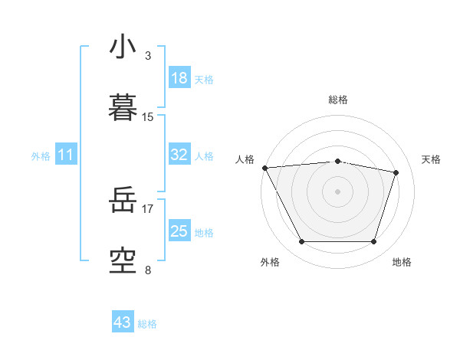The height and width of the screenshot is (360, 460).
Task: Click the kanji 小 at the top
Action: (x=123, y=47)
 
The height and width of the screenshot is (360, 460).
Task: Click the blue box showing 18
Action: (x=179, y=78)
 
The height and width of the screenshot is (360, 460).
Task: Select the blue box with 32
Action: (x=179, y=155)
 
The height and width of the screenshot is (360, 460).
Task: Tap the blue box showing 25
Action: (x=179, y=231)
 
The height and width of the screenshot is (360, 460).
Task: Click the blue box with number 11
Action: (x=66, y=155)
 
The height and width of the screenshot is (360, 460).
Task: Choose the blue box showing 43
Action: (x=123, y=322)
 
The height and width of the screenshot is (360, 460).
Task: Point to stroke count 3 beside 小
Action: (x=148, y=56)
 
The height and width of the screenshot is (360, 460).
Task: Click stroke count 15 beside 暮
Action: (x=148, y=117)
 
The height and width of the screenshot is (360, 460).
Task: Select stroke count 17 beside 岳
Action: (x=148, y=208)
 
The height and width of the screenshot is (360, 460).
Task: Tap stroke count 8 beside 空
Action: (x=148, y=270)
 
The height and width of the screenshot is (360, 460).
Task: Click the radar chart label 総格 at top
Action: (x=338, y=100)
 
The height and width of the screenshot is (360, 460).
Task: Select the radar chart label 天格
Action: (x=431, y=159)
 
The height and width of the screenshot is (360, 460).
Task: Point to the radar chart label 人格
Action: (x=245, y=159)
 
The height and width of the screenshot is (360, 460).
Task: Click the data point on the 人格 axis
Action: (x=264, y=168)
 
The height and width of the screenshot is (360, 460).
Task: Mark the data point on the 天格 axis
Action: (x=396, y=172)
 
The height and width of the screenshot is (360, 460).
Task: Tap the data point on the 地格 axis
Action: (x=374, y=242)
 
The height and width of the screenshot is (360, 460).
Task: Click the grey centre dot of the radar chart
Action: (x=338, y=191)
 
